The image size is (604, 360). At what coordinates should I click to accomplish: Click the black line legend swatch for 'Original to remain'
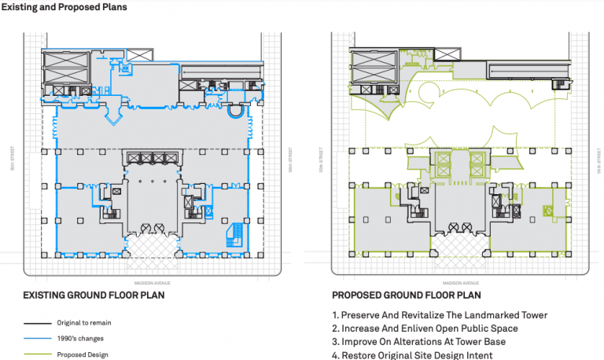[x=38, y=323]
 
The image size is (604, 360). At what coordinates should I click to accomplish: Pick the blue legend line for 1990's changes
[x=38, y=339]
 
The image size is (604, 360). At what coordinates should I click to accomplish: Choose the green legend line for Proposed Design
[x=38, y=354]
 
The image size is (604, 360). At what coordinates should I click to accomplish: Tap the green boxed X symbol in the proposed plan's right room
[x=548, y=210]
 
